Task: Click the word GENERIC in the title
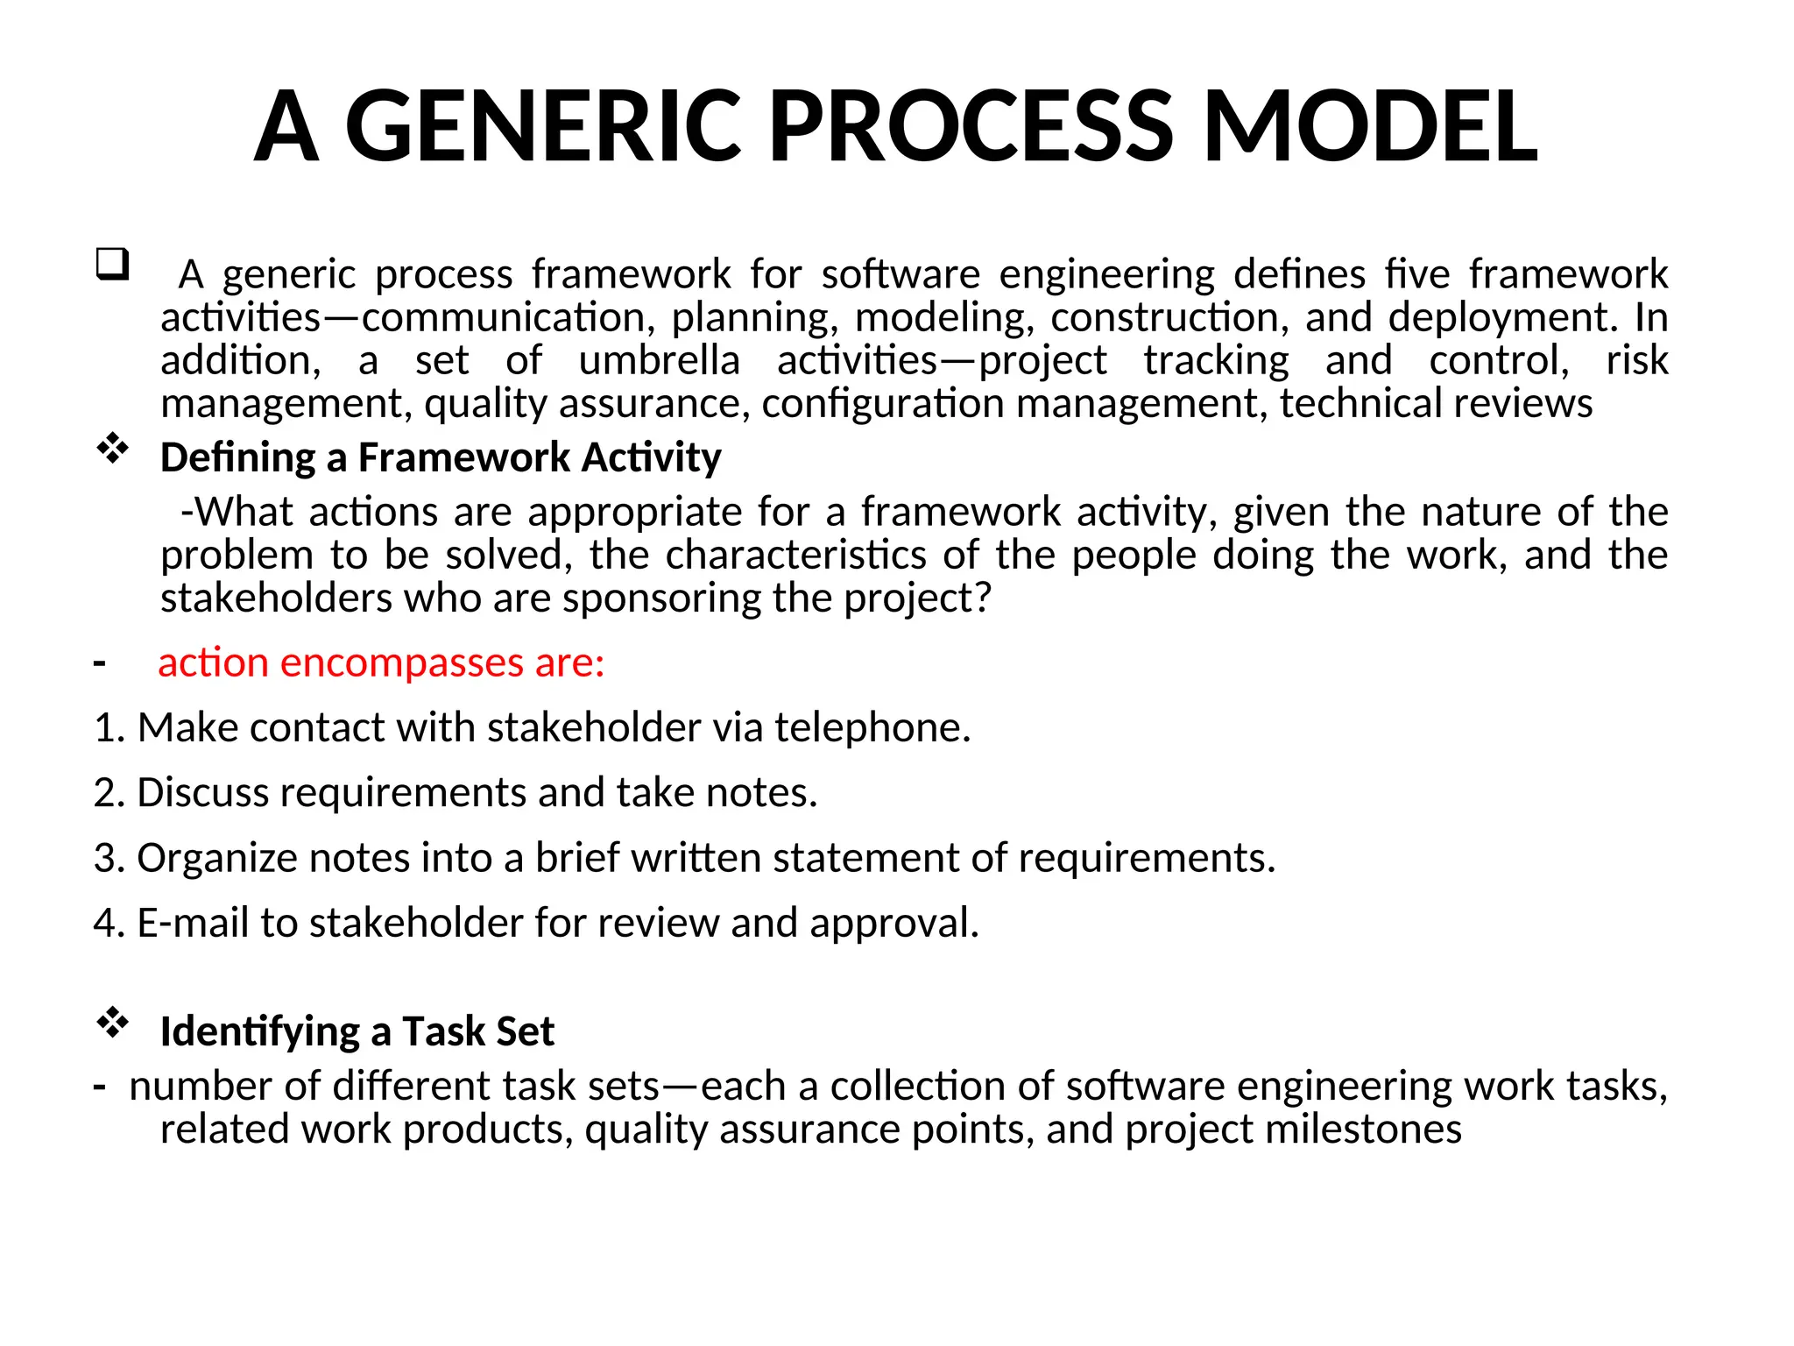point(543,127)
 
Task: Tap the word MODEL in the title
point(1370,127)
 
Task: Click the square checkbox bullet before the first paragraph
point(112,264)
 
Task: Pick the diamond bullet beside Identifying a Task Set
point(112,1023)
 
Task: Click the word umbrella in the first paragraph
point(659,360)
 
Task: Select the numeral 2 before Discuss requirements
point(105,793)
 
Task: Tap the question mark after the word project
point(983,598)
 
